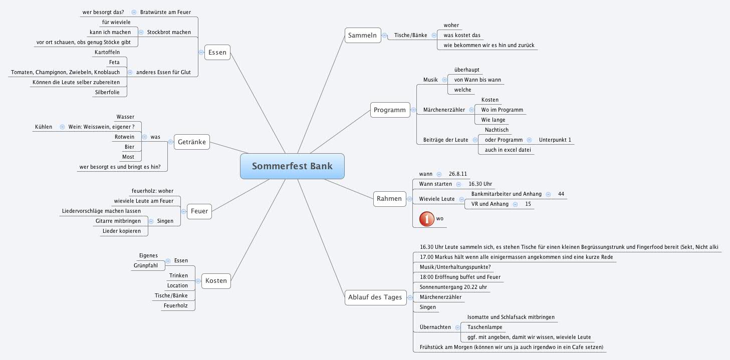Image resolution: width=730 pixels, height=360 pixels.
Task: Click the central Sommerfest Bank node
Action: (x=292, y=166)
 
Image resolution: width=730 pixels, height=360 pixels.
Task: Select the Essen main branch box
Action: (x=217, y=52)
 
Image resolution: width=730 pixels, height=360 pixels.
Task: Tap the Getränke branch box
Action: (x=191, y=143)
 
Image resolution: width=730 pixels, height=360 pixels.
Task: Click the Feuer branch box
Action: (x=199, y=211)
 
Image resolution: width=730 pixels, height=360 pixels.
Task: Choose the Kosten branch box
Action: (x=216, y=281)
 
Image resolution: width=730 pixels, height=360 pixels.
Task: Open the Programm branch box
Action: (x=389, y=110)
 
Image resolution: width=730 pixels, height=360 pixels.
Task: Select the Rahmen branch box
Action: (x=389, y=199)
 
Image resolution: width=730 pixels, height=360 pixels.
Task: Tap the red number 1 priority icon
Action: (x=426, y=219)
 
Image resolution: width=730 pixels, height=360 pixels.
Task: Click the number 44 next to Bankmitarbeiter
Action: (x=561, y=194)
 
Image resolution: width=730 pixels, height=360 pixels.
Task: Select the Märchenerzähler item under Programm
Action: (x=444, y=110)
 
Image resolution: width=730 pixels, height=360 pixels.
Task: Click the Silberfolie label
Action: (x=108, y=92)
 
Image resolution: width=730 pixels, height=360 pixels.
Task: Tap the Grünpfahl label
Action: (x=146, y=265)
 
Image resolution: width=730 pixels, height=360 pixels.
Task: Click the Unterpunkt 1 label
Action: (x=555, y=140)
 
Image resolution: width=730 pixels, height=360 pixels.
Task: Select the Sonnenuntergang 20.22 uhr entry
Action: (x=449, y=287)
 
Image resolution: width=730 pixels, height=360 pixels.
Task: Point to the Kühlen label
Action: (x=44, y=127)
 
